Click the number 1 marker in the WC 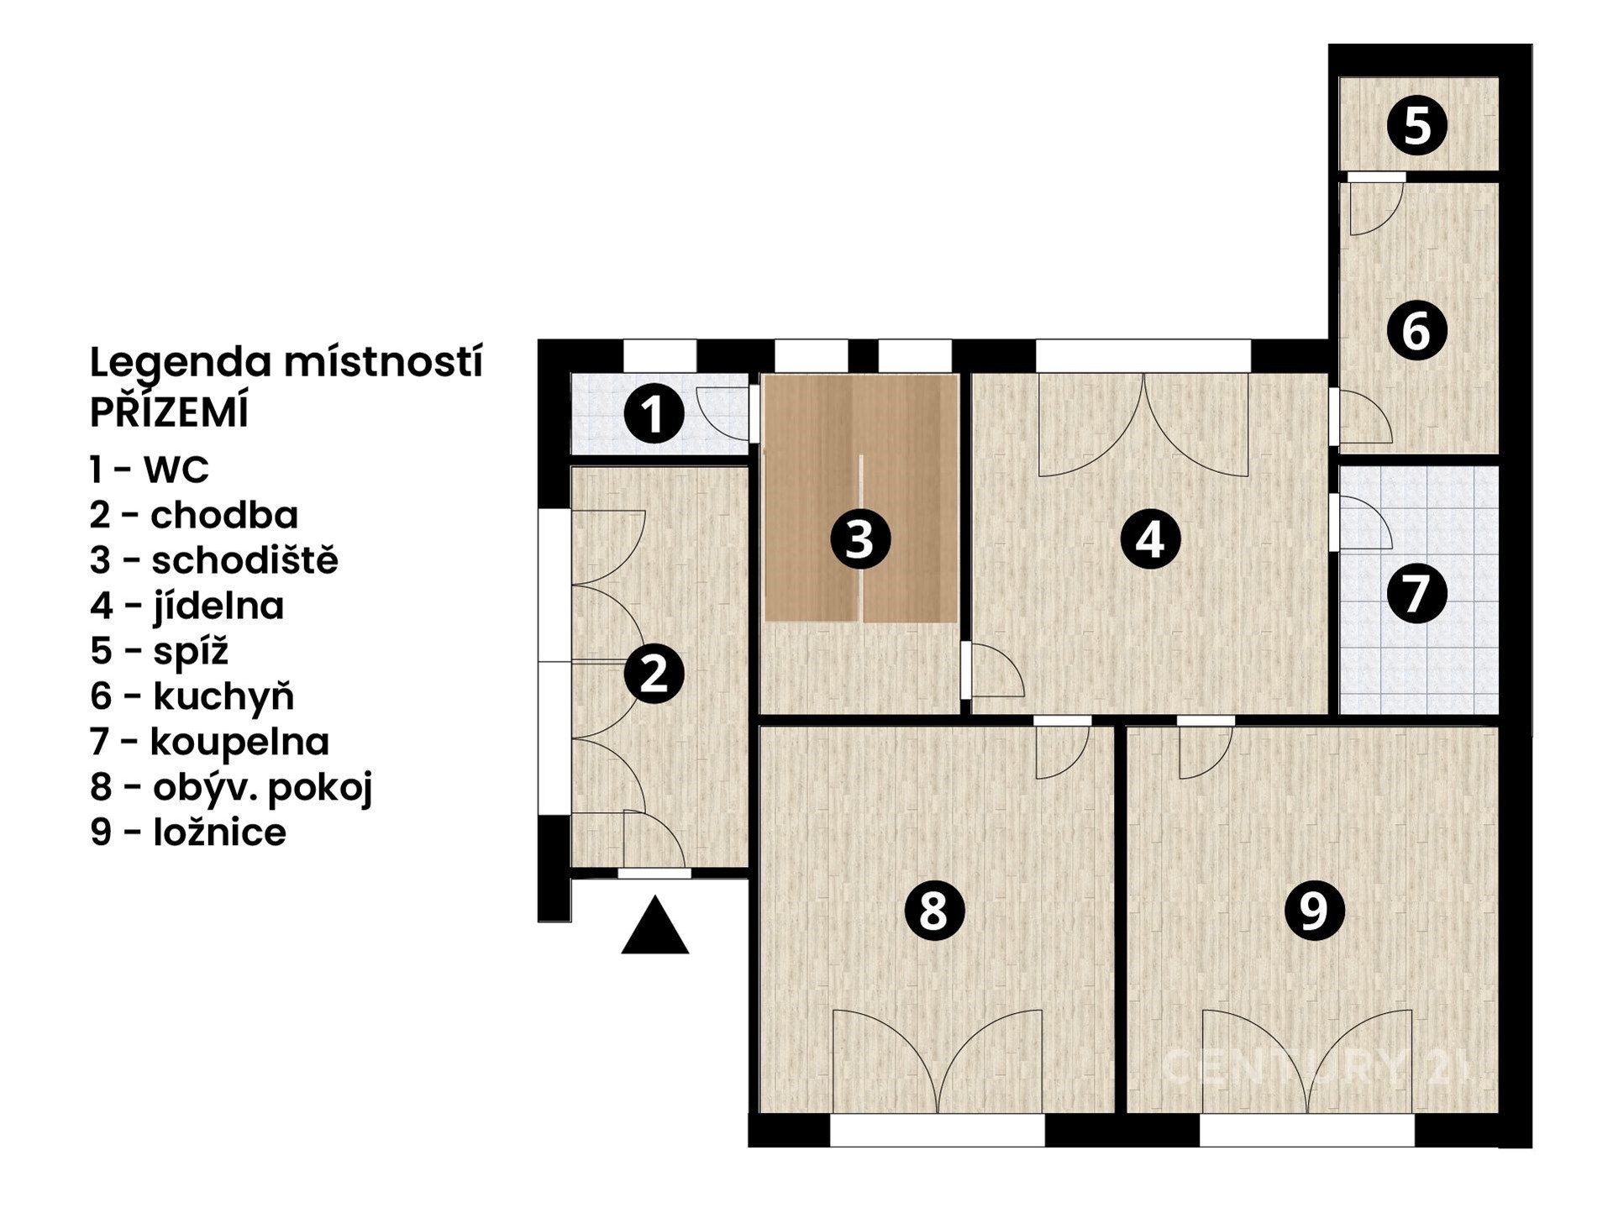pyautogui.click(x=654, y=413)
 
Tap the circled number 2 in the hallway pyautogui.click(x=654, y=674)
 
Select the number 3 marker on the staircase pyautogui.click(x=859, y=539)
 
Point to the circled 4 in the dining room pyautogui.click(x=1150, y=539)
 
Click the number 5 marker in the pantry pyautogui.click(x=1416, y=126)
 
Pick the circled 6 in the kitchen pyautogui.click(x=1416, y=330)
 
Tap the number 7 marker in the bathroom pyautogui.click(x=1416, y=593)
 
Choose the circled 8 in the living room pyautogui.click(x=933, y=910)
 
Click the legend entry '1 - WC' pyautogui.click(x=150, y=470)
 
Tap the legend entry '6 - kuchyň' pyautogui.click(x=192, y=696)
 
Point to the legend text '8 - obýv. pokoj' pyautogui.click(x=231, y=788)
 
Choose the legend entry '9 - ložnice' pyautogui.click(x=188, y=832)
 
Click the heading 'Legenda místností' pyautogui.click(x=286, y=363)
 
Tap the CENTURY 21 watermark pyautogui.click(x=1316, y=1067)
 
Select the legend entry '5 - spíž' pyautogui.click(x=160, y=651)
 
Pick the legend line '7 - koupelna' pyautogui.click(x=210, y=742)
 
